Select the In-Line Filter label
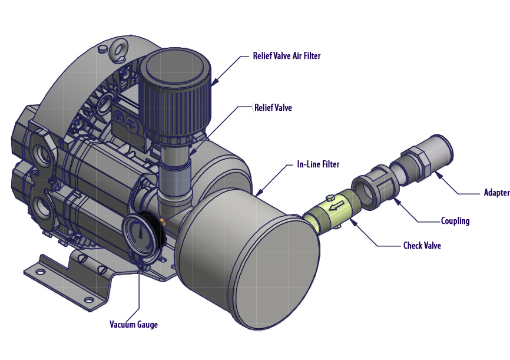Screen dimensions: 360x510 (318, 164)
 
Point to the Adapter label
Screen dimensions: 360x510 (496, 193)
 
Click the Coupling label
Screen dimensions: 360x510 (455, 221)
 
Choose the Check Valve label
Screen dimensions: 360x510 (422, 246)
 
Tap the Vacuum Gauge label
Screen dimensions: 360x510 (134, 324)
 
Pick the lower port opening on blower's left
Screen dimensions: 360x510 (44, 206)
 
